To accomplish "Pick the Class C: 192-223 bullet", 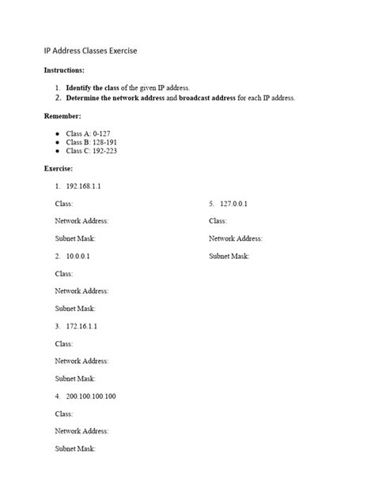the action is (x=92, y=151).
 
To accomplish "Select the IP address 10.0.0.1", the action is (x=79, y=257).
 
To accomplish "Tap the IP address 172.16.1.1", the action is (x=82, y=326).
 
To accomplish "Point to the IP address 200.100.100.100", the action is (x=91, y=396).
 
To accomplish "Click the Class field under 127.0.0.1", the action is (x=218, y=221).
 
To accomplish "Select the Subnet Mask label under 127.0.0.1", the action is (x=229, y=256).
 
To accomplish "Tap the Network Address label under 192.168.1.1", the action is (x=81, y=221).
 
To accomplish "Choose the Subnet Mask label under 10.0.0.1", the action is (x=75, y=309).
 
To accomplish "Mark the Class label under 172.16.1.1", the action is (x=64, y=343).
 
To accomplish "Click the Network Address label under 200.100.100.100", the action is (x=81, y=431).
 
